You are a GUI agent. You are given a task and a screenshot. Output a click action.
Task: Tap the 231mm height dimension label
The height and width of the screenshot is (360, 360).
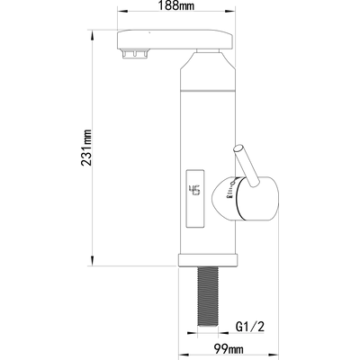coord(86,148)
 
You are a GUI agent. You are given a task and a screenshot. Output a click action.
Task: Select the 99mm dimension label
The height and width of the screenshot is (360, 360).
coord(229,349)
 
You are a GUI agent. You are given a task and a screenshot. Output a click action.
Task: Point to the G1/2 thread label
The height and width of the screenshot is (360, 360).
coord(250,327)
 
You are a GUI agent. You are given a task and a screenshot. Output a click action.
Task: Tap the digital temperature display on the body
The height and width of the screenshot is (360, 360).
coord(195,198)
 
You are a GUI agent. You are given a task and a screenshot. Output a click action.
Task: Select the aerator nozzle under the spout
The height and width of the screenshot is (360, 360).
coord(135,54)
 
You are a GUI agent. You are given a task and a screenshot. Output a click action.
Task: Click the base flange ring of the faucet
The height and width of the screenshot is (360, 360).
coord(209,260)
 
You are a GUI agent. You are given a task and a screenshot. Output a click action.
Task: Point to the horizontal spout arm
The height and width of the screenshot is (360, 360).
coord(175,40)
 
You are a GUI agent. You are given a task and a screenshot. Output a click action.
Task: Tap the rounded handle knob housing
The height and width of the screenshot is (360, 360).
coord(246,199)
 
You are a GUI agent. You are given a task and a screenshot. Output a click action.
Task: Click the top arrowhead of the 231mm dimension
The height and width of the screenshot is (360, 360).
coord(92,35)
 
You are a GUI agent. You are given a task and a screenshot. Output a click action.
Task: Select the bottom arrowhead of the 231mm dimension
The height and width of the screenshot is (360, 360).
coord(92,261)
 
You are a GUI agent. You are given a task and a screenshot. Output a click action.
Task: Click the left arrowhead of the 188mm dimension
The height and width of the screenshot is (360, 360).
coord(122,12)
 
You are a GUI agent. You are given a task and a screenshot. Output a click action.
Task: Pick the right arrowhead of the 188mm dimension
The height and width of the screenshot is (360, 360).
coord(229,12)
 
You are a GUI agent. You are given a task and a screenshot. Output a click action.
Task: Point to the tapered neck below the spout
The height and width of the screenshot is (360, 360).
coord(208,62)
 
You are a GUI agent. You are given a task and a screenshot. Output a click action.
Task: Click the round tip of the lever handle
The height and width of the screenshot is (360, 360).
coord(238,148)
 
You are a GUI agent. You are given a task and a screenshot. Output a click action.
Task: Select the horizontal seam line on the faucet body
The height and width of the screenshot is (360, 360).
coord(208,90)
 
